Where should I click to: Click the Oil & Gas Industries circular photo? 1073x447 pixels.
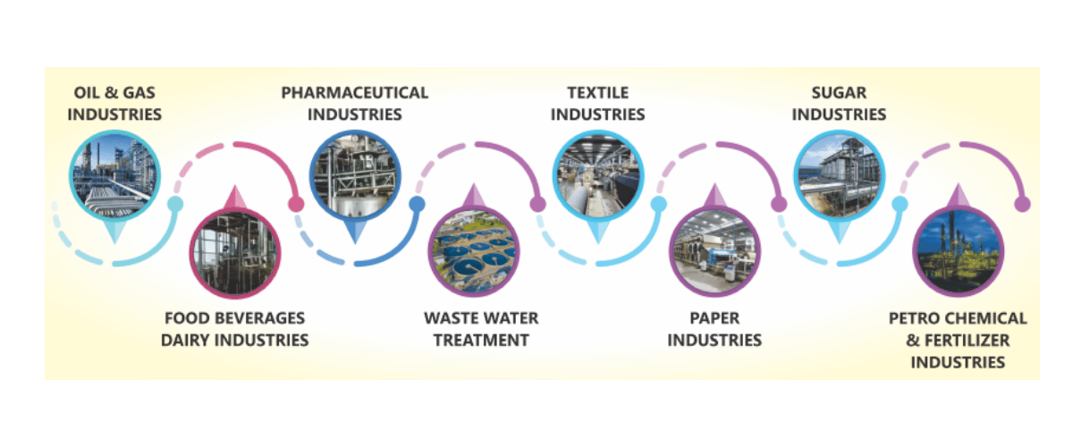(114, 175)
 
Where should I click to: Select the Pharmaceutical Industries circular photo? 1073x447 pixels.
(355, 175)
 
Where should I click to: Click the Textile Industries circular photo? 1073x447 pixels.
(597, 175)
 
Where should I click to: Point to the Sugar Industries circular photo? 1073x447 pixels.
(839, 175)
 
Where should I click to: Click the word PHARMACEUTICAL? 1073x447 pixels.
(355, 92)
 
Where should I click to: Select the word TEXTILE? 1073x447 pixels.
(597, 92)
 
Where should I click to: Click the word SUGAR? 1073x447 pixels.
(839, 92)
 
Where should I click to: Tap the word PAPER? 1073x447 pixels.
(714, 318)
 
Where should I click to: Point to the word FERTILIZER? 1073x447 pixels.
(969, 341)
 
